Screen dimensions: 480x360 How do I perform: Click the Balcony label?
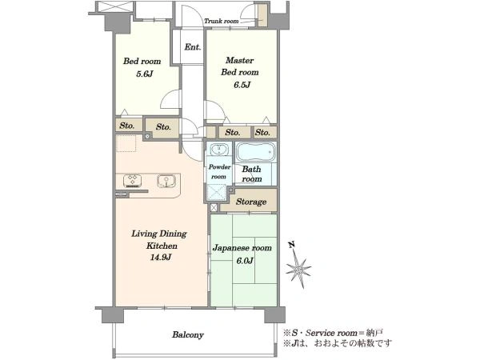(x=188, y=334)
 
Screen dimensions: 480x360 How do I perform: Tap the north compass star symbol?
(x=298, y=270)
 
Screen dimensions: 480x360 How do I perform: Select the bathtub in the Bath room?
(x=256, y=152)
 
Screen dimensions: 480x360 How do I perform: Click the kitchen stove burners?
(x=133, y=180)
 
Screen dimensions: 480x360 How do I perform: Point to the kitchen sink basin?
(x=166, y=181)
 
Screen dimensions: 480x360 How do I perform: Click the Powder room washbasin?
(x=219, y=150)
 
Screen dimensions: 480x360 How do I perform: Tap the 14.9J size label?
(x=161, y=258)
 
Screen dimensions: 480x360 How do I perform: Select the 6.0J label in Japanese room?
(x=245, y=261)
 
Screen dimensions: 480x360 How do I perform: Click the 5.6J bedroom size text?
(x=144, y=74)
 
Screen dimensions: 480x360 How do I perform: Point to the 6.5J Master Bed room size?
(x=242, y=85)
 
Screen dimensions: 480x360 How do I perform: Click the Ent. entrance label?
(x=193, y=47)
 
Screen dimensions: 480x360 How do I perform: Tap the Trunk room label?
(x=222, y=21)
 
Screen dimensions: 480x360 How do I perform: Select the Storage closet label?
(x=251, y=202)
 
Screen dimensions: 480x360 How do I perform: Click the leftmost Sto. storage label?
(x=127, y=126)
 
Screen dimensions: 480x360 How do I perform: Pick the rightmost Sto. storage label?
(x=262, y=132)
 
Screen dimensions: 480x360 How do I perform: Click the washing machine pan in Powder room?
(x=216, y=192)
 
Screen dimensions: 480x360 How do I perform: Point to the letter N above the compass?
(x=292, y=245)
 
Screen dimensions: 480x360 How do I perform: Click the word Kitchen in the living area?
(x=162, y=246)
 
